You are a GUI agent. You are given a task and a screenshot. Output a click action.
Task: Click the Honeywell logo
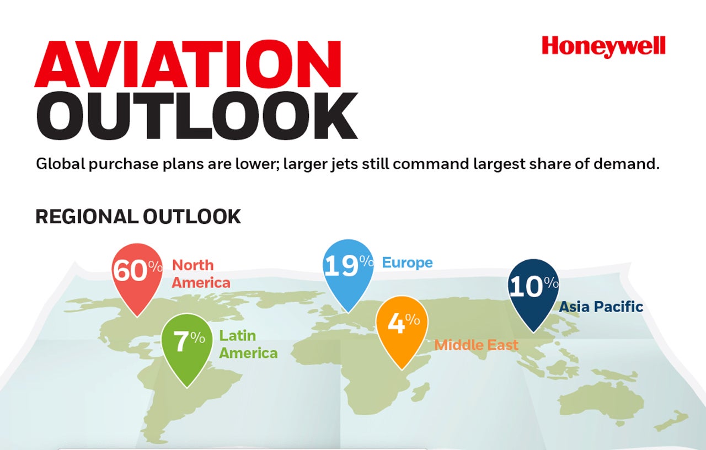pyautogui.click(x=603, y=47)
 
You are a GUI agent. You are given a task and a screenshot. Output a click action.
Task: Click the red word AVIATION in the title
pyautogui.click(x=188, y=64)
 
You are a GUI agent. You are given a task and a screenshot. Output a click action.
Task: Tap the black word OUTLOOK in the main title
pyautogui.click(x=197, y=116)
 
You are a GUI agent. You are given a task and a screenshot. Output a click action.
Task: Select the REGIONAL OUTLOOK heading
pyautogui.click(x=138, y=217)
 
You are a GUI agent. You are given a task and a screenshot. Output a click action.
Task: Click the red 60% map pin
pyautogui.click(x=137, y=277)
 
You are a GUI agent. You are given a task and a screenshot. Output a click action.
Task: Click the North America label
pyautogui.click(x=201, y=274)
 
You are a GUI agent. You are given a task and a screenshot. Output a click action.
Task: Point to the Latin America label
pyautogui.click(x=248, y=345)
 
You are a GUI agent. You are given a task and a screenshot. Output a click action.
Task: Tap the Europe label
pyautogui.click(x=407, y=262)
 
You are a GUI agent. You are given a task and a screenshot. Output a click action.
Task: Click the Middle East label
pyautogui.click(x=476, y=345)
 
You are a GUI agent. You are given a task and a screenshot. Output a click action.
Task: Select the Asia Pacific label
pyautogui.click(x=601, y=307)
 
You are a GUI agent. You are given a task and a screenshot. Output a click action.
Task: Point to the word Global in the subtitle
pyautogui.click(x=61, y=164)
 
